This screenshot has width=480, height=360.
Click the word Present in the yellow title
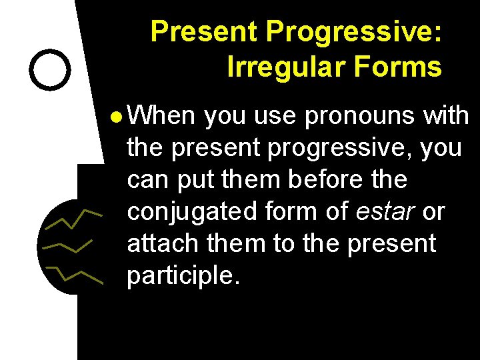tap(204, 31)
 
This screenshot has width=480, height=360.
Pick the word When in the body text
tap(161, 116)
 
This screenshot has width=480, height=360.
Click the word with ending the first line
tap(446, 116)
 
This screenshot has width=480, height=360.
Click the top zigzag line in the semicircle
tap(73, 219)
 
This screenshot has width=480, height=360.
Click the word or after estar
tap(433, 212)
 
